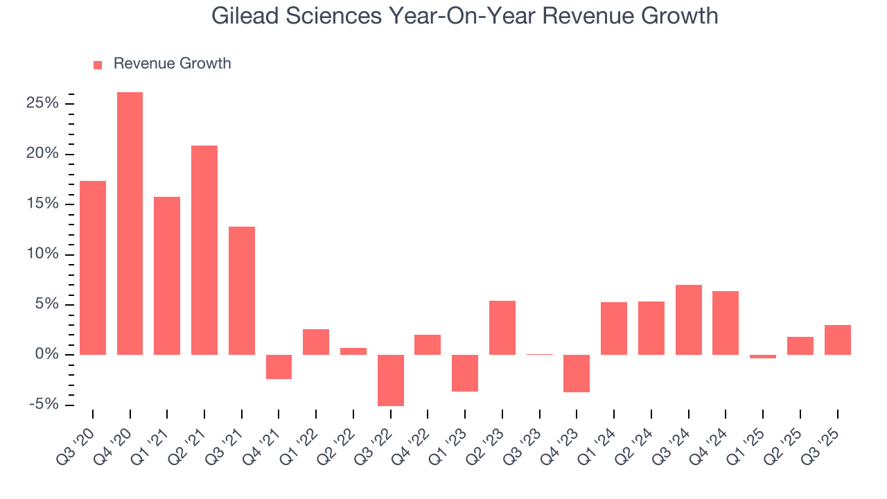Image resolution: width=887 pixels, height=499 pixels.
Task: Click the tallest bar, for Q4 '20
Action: click(x=130, y=223)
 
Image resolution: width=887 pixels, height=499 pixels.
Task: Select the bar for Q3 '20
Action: click(x=93, y=268)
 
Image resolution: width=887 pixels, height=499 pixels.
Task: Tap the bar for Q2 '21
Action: click(x=204, y=249)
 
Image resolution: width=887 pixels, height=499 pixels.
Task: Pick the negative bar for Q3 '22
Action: click(x=390, y=380)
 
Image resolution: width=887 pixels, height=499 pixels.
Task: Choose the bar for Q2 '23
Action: click(x=502, y=327)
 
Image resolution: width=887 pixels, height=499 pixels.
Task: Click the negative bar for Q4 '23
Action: click(x=577, y=373)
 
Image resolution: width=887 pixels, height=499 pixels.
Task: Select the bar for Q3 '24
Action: click(x=688, y=319)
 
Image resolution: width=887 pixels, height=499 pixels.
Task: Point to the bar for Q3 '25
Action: click(x=837, y=340)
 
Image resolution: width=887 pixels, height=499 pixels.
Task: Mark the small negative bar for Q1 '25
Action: click(x=763, y=356)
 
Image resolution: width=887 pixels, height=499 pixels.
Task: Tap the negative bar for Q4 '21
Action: click(x=279, y=367)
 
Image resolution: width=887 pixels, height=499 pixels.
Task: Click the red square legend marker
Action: click(x=98, y=64)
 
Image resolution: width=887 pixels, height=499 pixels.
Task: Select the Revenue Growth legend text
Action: click(x=172, y=64)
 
